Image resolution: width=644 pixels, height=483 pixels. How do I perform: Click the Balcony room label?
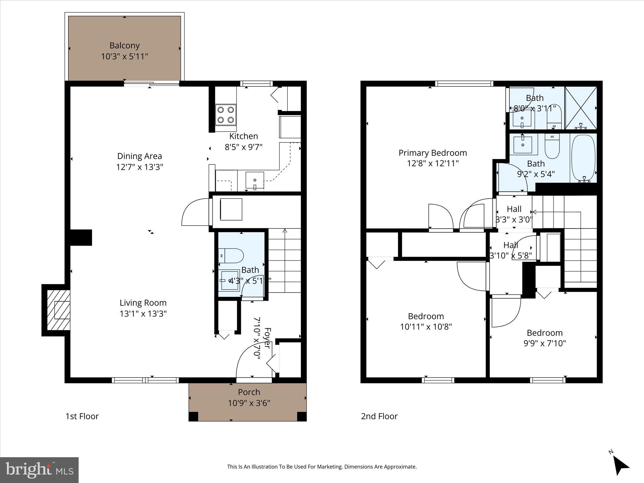pyautogui.click(x=125, y=46)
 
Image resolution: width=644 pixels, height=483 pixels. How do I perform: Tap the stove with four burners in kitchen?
pyautogui.click(x=226, y=115)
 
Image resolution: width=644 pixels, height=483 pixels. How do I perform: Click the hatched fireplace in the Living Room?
pyautogui.click(x=58, y=310)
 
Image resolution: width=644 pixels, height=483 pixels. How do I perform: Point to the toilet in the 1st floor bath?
pyautogui.click(x=231, y=256)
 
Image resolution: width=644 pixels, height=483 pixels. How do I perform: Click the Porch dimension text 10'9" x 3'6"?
pyautogui.click(x=249, y=403)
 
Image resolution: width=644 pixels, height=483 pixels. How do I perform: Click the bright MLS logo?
pyautogui.click(x=39, y=470)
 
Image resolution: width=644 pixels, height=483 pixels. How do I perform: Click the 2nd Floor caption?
pyautogui.click(x=379, y=416)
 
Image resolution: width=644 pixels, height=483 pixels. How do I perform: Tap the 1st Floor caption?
pyautogui.click(x=82, y=416)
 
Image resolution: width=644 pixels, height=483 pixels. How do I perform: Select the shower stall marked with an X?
pyautogui.click(x=581, y=108)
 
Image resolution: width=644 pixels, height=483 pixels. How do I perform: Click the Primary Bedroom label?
pyautogui.click(x=433, y=153)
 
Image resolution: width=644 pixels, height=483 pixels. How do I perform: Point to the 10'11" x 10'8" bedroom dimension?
pyautogui.click(x=426, y=327)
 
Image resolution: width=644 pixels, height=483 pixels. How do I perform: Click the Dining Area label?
pyautogui.click(x=140, y=156)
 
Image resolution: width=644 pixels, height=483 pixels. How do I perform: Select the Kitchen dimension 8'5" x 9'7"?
pyautogui.click(x=243, y=147)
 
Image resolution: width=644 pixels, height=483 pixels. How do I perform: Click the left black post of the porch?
pyautogui.click(x=193, y=416)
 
